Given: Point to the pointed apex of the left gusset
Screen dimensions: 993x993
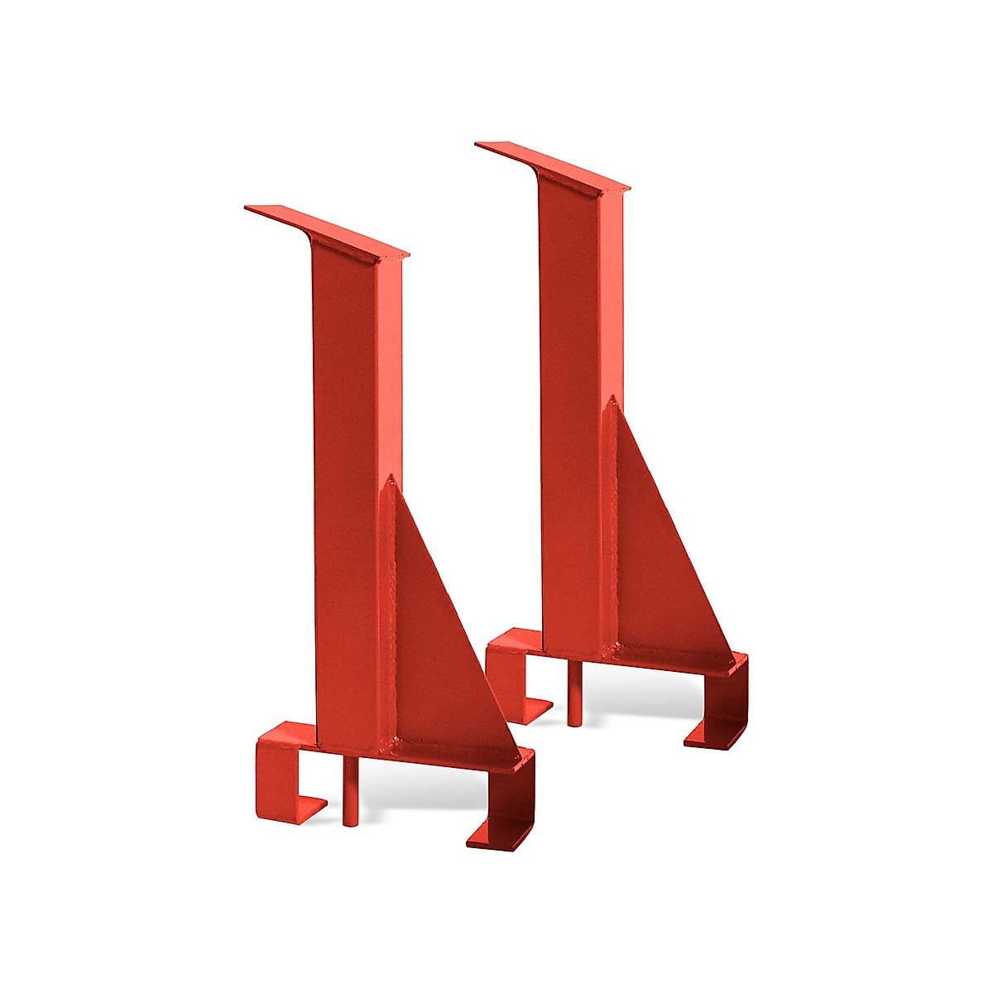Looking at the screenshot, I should click(x=388, y=479).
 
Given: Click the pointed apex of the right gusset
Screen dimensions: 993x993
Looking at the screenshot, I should click(x=612, y=400).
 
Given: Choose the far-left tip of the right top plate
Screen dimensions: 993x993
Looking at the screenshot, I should click(x=478, y=145).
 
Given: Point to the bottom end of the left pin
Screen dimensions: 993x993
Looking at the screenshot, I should click(x=348, y=823).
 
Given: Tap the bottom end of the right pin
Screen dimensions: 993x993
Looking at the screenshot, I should click(x=573, y=723).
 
